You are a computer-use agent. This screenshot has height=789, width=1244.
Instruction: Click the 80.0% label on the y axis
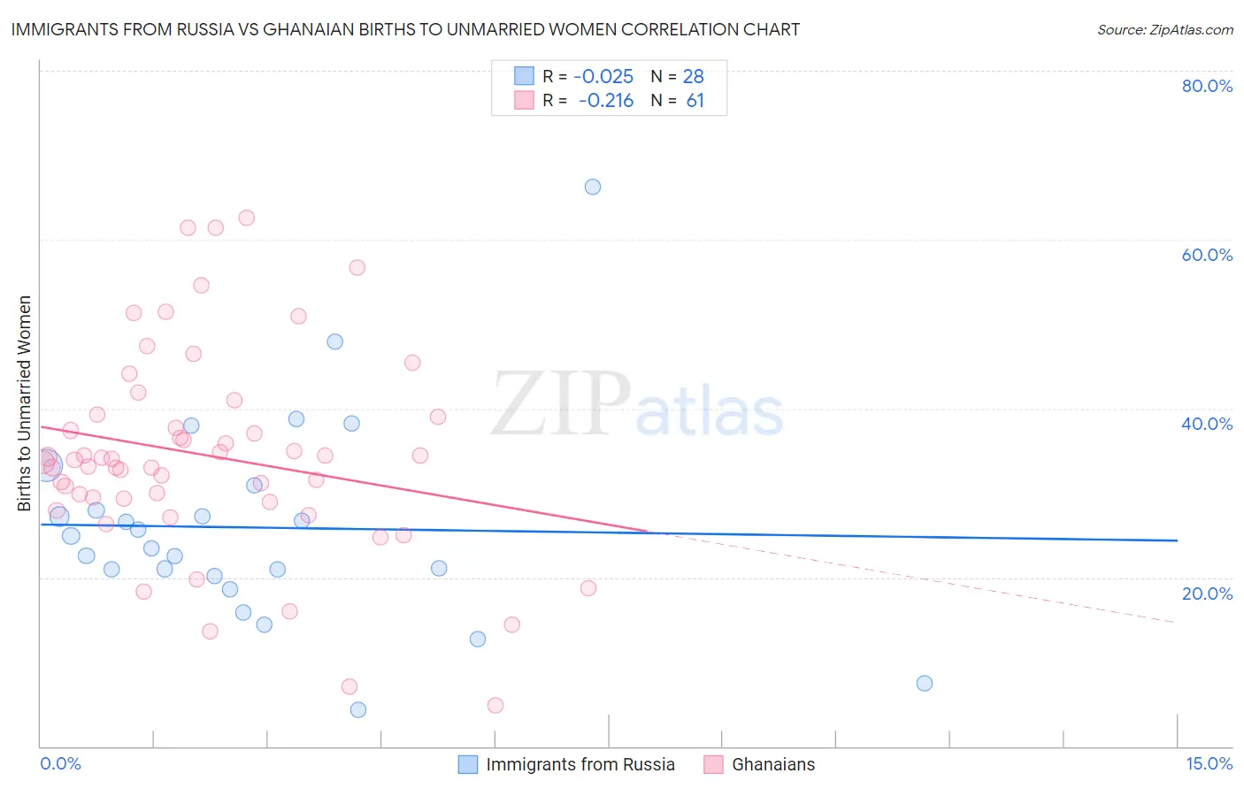click(x=1207, y=86)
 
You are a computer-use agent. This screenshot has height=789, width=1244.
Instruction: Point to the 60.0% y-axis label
click(x=1207, y=255)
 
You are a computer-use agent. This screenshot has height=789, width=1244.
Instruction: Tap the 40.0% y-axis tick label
click(x=1207, y=424)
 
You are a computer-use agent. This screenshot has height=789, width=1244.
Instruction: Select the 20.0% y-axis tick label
click(x=1207, y=594)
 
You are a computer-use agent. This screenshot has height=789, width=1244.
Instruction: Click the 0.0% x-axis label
click(x=60, y=763)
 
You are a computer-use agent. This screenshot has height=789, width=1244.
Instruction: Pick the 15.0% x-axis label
click(x=1209, y=763)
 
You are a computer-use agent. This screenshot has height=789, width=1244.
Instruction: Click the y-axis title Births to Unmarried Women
click(x=25, y=403)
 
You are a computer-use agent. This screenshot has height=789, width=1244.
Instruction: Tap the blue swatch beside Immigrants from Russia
click(x=468, y=764)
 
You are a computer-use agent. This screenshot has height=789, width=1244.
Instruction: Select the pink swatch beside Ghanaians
click(x=713, y=764)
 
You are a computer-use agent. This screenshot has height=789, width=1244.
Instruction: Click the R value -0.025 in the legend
click(x=603, y=76)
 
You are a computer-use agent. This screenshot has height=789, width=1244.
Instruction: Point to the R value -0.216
click(x=606, y=101)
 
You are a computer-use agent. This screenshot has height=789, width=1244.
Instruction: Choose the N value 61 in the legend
click(x=695, y=101)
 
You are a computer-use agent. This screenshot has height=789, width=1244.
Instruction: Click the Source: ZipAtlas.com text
click(x=1164, y=30)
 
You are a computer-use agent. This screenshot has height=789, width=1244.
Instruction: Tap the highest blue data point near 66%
click(x=593, y=187)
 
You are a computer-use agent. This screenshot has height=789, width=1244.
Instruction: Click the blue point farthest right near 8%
click(x=925, y=683)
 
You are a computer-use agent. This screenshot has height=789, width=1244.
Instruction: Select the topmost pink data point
click(x=247, y=218)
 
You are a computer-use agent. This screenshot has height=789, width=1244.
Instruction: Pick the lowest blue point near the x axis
click(x=358, y=709)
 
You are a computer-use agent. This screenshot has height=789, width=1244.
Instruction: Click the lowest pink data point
click(x=495, y=705)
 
